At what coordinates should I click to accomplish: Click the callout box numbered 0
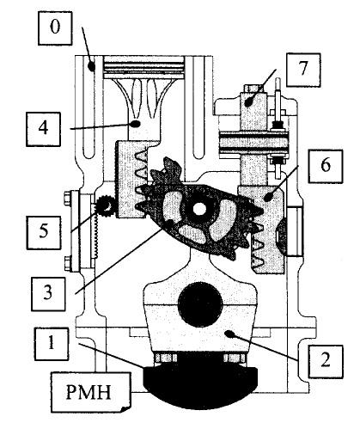(55, 28)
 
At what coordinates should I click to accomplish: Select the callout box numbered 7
(303, 70)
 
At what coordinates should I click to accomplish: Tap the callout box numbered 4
(43, 129)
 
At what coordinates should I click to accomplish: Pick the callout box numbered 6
(326, 166)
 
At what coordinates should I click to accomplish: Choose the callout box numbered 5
(44, 232)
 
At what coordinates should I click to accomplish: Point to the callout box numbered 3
(48, 294)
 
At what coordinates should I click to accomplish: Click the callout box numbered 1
(52, 344)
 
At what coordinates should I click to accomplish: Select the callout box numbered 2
(326, 362)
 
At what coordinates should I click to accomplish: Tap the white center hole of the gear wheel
(199, 209)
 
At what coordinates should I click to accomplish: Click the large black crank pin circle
(200, 304)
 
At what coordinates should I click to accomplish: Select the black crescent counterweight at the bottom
(200, 381)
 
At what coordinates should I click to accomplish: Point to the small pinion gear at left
(107, 205)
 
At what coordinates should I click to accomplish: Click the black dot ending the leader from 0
(91, 66)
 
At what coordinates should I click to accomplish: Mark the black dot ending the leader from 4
(135, 124)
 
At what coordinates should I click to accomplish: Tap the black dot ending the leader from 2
(229, 334)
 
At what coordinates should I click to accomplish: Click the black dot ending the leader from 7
(250, 102)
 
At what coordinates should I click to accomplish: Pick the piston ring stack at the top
(143, 67)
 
